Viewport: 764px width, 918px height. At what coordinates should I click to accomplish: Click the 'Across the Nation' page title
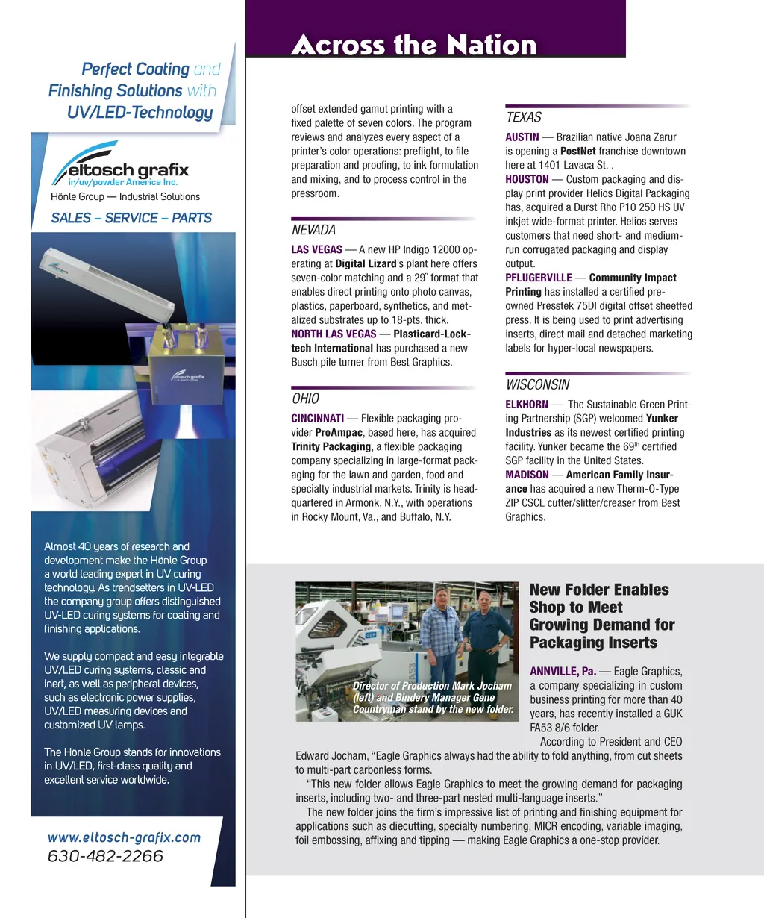click(413, 45)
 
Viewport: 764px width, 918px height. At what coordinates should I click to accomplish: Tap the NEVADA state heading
click(313, 231)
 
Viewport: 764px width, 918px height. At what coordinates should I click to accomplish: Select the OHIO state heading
click(305, 399)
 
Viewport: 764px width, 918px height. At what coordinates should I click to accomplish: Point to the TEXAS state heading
click(523, 117)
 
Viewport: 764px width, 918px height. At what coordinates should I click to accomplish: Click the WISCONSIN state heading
click(537, 385)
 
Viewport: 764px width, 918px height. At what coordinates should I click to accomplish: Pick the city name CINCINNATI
click(317, 419)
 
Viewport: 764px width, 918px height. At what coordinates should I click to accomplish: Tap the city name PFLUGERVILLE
click(539, 278)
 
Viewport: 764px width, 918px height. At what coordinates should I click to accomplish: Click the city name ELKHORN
click(527, 405)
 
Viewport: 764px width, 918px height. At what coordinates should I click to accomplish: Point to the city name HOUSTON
click(527, 179)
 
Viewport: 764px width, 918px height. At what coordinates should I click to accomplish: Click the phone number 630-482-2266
click(105, 857)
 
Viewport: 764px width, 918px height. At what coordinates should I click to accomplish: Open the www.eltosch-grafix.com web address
click(124, 837)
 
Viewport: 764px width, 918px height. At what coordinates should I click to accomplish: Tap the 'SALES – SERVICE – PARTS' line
click(131, 218)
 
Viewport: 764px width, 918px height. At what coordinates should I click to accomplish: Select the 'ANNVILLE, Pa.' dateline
click(563, 672)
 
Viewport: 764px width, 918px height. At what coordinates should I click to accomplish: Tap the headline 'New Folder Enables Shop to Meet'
click(599, 599)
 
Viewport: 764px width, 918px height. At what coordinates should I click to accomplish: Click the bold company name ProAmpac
click(339, 433)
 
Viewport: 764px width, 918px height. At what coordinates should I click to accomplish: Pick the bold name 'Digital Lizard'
click(366, 263)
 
